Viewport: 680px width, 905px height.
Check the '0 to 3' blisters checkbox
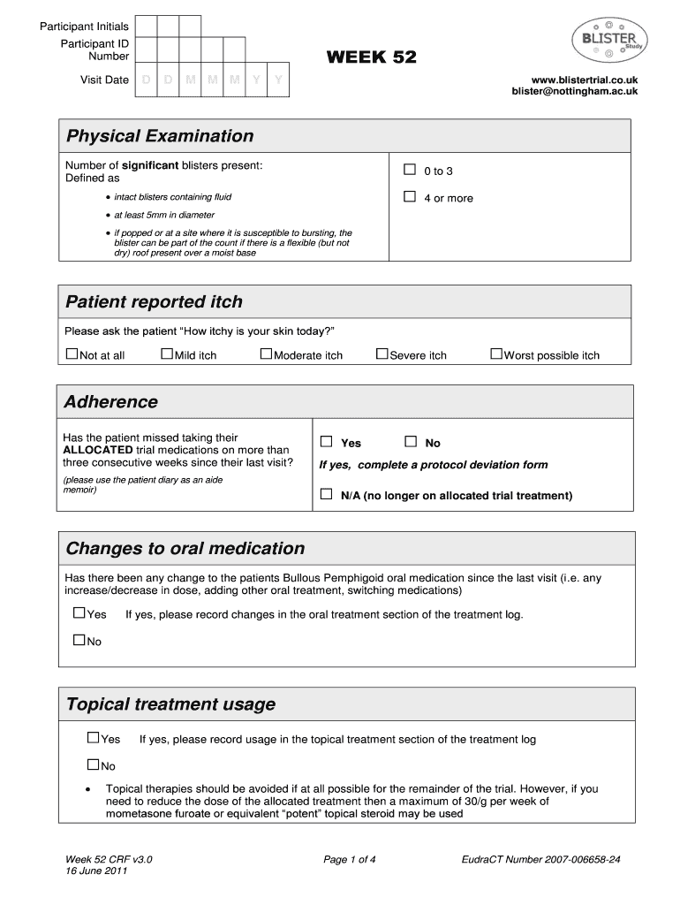(410, 170)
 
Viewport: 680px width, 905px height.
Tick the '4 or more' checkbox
(410, 197)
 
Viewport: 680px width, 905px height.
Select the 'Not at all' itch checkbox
(72, 354)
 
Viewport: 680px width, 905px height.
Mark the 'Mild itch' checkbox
(167, 354)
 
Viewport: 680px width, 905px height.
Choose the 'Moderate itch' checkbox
(267, 354)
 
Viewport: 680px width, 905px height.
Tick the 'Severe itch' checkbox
(382, 354)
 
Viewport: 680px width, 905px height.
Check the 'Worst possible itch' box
(496, 354)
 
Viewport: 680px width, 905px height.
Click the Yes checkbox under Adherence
(326, 442)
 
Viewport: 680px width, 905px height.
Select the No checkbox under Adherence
(411, 442)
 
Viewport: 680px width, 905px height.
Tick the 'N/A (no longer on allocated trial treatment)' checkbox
(326, 495)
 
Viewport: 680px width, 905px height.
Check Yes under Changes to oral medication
(79, 613)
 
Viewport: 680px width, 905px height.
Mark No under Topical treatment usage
(93, 764)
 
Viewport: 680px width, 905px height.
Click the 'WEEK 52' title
(371, 58)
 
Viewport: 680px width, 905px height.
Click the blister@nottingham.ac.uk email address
(574, 92)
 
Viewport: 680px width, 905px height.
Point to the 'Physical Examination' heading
(160, 136)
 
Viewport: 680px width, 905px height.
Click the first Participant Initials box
(147, 27)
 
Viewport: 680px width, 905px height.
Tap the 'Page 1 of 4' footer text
(350, 858)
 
